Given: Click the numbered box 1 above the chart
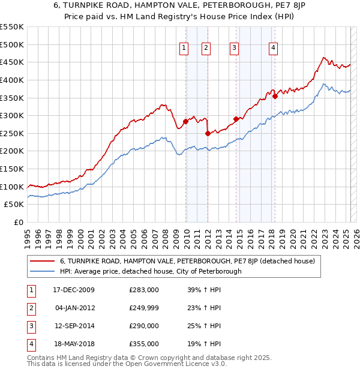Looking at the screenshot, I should pos(183,49).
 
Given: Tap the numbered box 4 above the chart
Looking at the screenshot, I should pos(273,49).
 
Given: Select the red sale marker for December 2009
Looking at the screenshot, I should pos(185,122).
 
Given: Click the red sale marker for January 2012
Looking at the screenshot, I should pos(208,133).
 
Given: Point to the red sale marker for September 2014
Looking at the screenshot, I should pos(236,119).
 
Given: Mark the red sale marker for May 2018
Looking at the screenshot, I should pos(275,96).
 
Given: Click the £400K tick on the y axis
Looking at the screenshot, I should pos(13,80).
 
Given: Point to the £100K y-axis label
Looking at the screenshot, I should pos(13,187).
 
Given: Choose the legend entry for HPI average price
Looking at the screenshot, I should pos(150,271).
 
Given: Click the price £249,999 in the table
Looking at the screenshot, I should pos(144,308).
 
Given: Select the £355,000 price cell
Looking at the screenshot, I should pos(144,344).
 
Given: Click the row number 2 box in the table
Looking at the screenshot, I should pos(30,308).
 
